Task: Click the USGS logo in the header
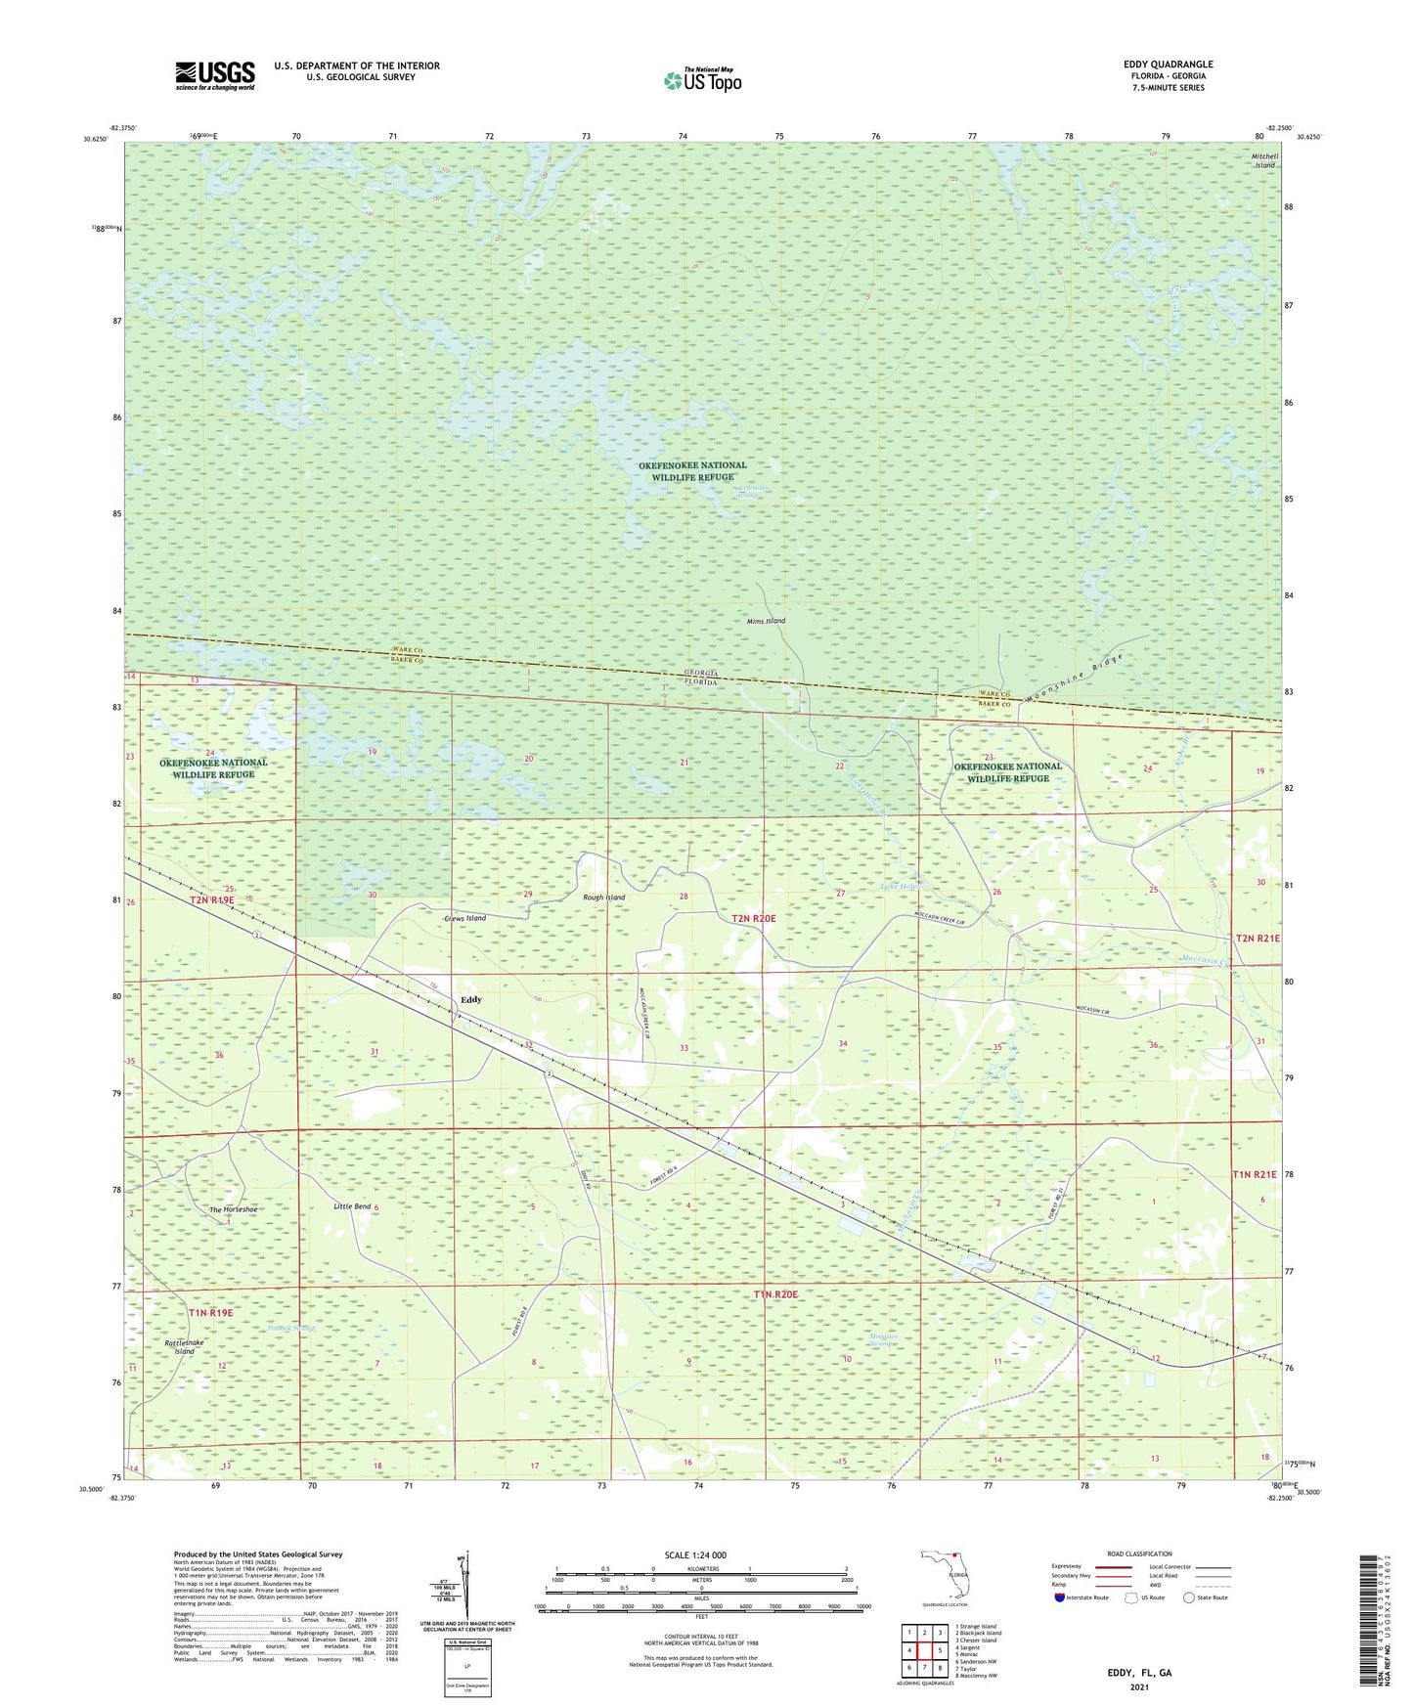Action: tap(214, 75)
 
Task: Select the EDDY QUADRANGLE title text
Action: tap(1168, 65)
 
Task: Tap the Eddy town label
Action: tap(471, 1000)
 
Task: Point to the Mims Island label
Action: tap(766, 621)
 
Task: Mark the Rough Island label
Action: tap(603, 897)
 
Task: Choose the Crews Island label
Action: tap(464, 919)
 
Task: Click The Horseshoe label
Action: tap(233, 1210)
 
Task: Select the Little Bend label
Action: tap(352, 1207)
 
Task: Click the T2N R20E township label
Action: tap(754, 918)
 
